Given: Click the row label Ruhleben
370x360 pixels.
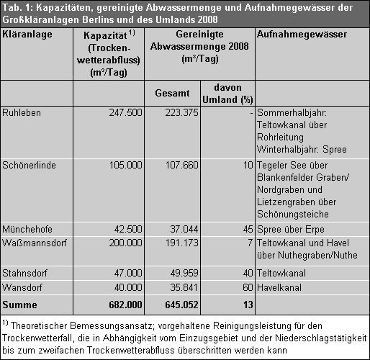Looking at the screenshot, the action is point(21,112).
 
